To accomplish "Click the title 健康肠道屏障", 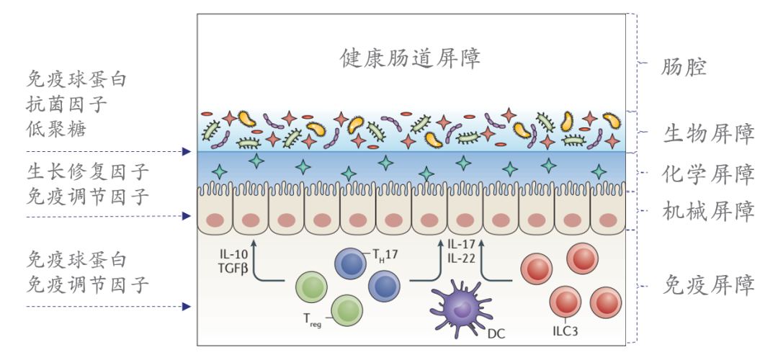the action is (x=410, y=59).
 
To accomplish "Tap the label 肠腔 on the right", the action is (x=683, y=67).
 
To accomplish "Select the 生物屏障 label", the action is (x=709, y=133).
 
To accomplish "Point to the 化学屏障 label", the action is (x=709, y=174).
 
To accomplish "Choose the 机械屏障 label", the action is (x=709, y=212).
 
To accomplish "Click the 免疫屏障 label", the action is (x=709, y=285).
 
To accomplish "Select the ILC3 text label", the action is (x=565, y=330).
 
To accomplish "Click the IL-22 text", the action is (x=461, y=257).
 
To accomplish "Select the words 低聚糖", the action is (x=57, y=130).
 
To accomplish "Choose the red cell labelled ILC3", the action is (x=565, y=303).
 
